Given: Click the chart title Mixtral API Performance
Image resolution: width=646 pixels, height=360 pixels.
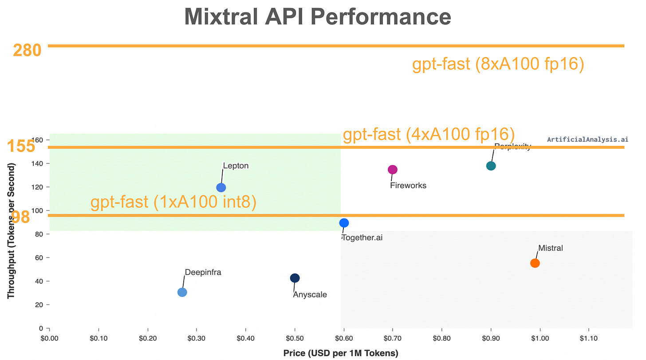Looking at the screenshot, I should pyautogui.click(x=318, y=17).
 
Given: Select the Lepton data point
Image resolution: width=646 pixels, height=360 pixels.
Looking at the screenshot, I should pyautogui.click(x=221, y=187).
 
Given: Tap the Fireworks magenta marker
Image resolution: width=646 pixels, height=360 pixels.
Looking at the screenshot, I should pyautogui.click(x=392, y=170).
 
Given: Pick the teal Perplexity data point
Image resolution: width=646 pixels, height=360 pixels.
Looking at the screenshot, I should pyautogui.click(x=491, y=166).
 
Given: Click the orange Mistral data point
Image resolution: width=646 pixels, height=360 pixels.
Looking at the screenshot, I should pyautogui.click(x=535, y=263).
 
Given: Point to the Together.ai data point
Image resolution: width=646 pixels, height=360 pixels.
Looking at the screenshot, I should pyautogui.click(x=344, y=223).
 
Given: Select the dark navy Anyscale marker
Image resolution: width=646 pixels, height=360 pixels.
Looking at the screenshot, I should pyautogui.click(x=295, y=278).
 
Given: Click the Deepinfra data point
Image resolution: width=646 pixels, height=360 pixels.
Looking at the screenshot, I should pyautogui.click(x=182, y=292).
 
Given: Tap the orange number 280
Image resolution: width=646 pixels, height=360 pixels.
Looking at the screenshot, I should pyautogui.click(x=27, y=51).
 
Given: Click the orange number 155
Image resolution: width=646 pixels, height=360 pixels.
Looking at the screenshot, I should pyautogui.click(x=21, y=146).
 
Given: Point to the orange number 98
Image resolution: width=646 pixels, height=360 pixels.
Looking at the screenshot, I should pyautogui.click(x=20, y=217).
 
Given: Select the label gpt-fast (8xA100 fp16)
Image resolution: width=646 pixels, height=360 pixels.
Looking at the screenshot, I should pyautogui.click(x=498, y=65).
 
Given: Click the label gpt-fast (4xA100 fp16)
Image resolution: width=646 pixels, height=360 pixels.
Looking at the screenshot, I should pyautogui.click(x=429, y=135).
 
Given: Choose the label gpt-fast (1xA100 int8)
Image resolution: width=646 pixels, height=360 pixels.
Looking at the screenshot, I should pyautogui.click(x=173, y=202).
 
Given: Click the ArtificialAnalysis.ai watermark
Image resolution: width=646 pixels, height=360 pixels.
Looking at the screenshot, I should pyautogui.click(x=587, y=139).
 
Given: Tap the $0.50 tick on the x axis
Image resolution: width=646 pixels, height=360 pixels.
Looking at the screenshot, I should pyautogui.click(x=295, y=338).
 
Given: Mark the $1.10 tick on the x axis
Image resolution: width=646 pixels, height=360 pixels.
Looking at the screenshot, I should pyautogui.click(x=589, y=338).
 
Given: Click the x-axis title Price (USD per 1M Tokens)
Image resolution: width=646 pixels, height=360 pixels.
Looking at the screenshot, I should pyautogui.click(x=341, y=353).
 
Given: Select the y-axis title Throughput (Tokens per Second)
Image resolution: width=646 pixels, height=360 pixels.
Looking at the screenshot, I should pyautogui.click(x=11, y=231).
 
